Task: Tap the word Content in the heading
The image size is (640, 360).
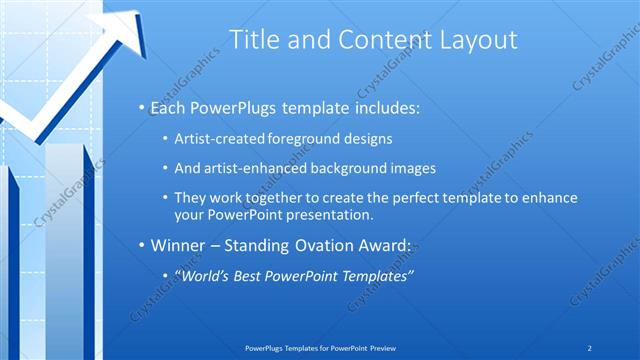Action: tap(375, 40)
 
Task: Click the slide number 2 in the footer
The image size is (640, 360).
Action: tap(590, 348)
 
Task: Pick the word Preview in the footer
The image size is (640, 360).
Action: tap(389, 348)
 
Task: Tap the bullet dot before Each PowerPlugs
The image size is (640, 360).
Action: tap(142, 107)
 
